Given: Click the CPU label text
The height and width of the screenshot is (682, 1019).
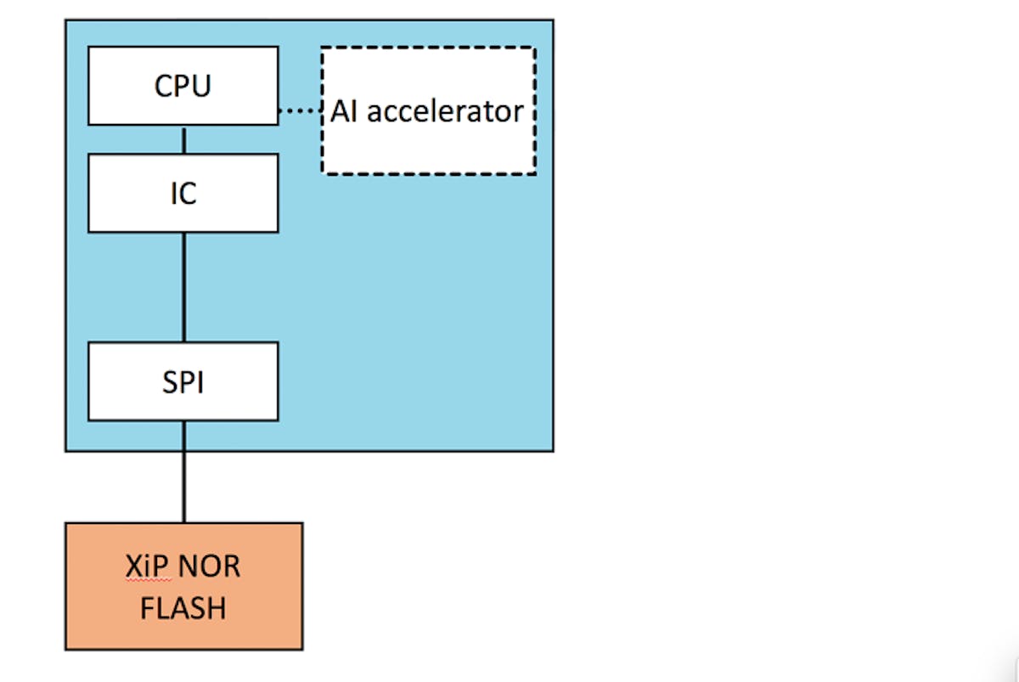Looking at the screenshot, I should pos(183,87).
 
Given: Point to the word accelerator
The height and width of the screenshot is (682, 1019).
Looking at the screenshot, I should pos(445,111).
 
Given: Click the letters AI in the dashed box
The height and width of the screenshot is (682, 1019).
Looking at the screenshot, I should pos(344,111).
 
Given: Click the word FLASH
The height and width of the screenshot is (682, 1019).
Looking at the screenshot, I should pos(183,608).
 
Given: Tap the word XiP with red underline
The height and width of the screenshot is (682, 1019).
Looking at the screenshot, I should pos(142,566).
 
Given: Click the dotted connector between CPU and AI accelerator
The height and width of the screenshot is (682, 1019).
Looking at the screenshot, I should pos(299,111).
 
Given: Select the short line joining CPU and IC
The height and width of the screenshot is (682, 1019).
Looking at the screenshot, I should pos(183,139).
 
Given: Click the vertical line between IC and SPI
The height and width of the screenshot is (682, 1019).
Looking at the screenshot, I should pos(183,287).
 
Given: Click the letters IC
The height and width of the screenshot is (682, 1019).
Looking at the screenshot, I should pos(183,194).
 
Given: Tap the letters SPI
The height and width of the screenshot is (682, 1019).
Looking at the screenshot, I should pos(183,382).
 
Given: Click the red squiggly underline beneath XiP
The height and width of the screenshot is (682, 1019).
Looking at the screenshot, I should pos(142,579).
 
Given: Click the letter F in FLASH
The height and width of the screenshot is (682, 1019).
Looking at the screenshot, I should pos(146,608).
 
